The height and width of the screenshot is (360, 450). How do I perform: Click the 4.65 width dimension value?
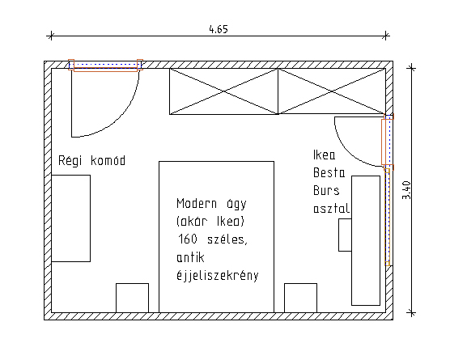coord(219,30)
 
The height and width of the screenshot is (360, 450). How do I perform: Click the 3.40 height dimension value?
coord(406,190)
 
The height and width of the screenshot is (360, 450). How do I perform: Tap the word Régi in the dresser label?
coord(70,161)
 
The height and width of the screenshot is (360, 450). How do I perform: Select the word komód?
coord(108,161)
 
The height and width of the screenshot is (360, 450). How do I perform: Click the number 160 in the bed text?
coord(187,239)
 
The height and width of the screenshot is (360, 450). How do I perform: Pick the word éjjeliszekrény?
coord(218,275)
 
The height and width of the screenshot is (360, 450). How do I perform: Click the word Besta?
coord(329,172)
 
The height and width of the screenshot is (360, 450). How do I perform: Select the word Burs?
coord(326,190)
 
